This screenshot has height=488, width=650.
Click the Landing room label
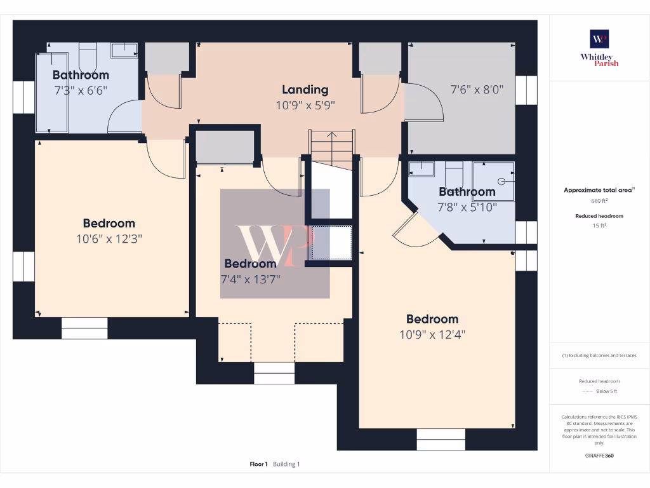pos(305,90)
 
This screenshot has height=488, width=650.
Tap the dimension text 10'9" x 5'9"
pos(305,105)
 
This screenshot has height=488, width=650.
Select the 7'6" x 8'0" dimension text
pos(477,90)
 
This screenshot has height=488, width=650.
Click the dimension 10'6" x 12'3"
pos(109,240)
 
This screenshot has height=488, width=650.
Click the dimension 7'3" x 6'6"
pos(81,90)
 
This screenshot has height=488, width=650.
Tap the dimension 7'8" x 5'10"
pos(467,207)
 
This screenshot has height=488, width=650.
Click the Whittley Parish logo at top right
pos(599,48)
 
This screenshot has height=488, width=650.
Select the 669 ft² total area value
pos(599,201)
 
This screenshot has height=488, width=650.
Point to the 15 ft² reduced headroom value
pos(599,226)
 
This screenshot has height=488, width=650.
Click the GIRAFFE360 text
pos(599,456)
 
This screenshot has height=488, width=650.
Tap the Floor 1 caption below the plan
pos(259,464)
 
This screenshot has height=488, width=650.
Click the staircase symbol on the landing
pos(332,143)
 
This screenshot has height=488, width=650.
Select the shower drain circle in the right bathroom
pos(501,181)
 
